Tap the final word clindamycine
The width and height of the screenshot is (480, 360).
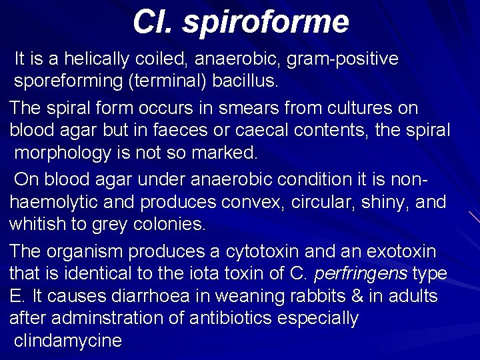(68, 341)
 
